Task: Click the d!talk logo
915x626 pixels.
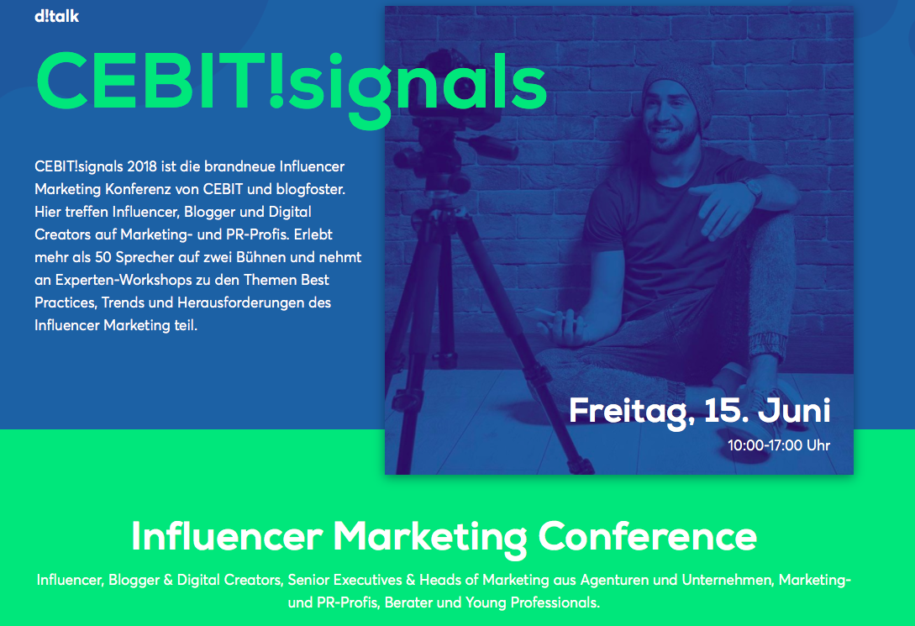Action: (x=56, y=16)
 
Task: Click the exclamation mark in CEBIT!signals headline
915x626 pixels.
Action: (x=276, y=80)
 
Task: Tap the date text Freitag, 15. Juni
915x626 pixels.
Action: (x=699, y=411)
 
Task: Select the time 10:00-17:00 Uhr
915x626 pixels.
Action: (x=778, y=445)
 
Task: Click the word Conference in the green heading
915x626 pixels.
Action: (x=647, y=537)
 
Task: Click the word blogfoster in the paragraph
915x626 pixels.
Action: (x=310, y=189)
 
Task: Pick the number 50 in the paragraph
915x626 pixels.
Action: (x=103, y=257)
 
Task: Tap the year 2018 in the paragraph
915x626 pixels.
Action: (x=142, y=166)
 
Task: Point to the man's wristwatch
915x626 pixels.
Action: (x=752, y=187)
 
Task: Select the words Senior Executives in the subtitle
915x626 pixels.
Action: (x=344, y=580)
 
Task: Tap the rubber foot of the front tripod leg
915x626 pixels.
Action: (x=581, y=466)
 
